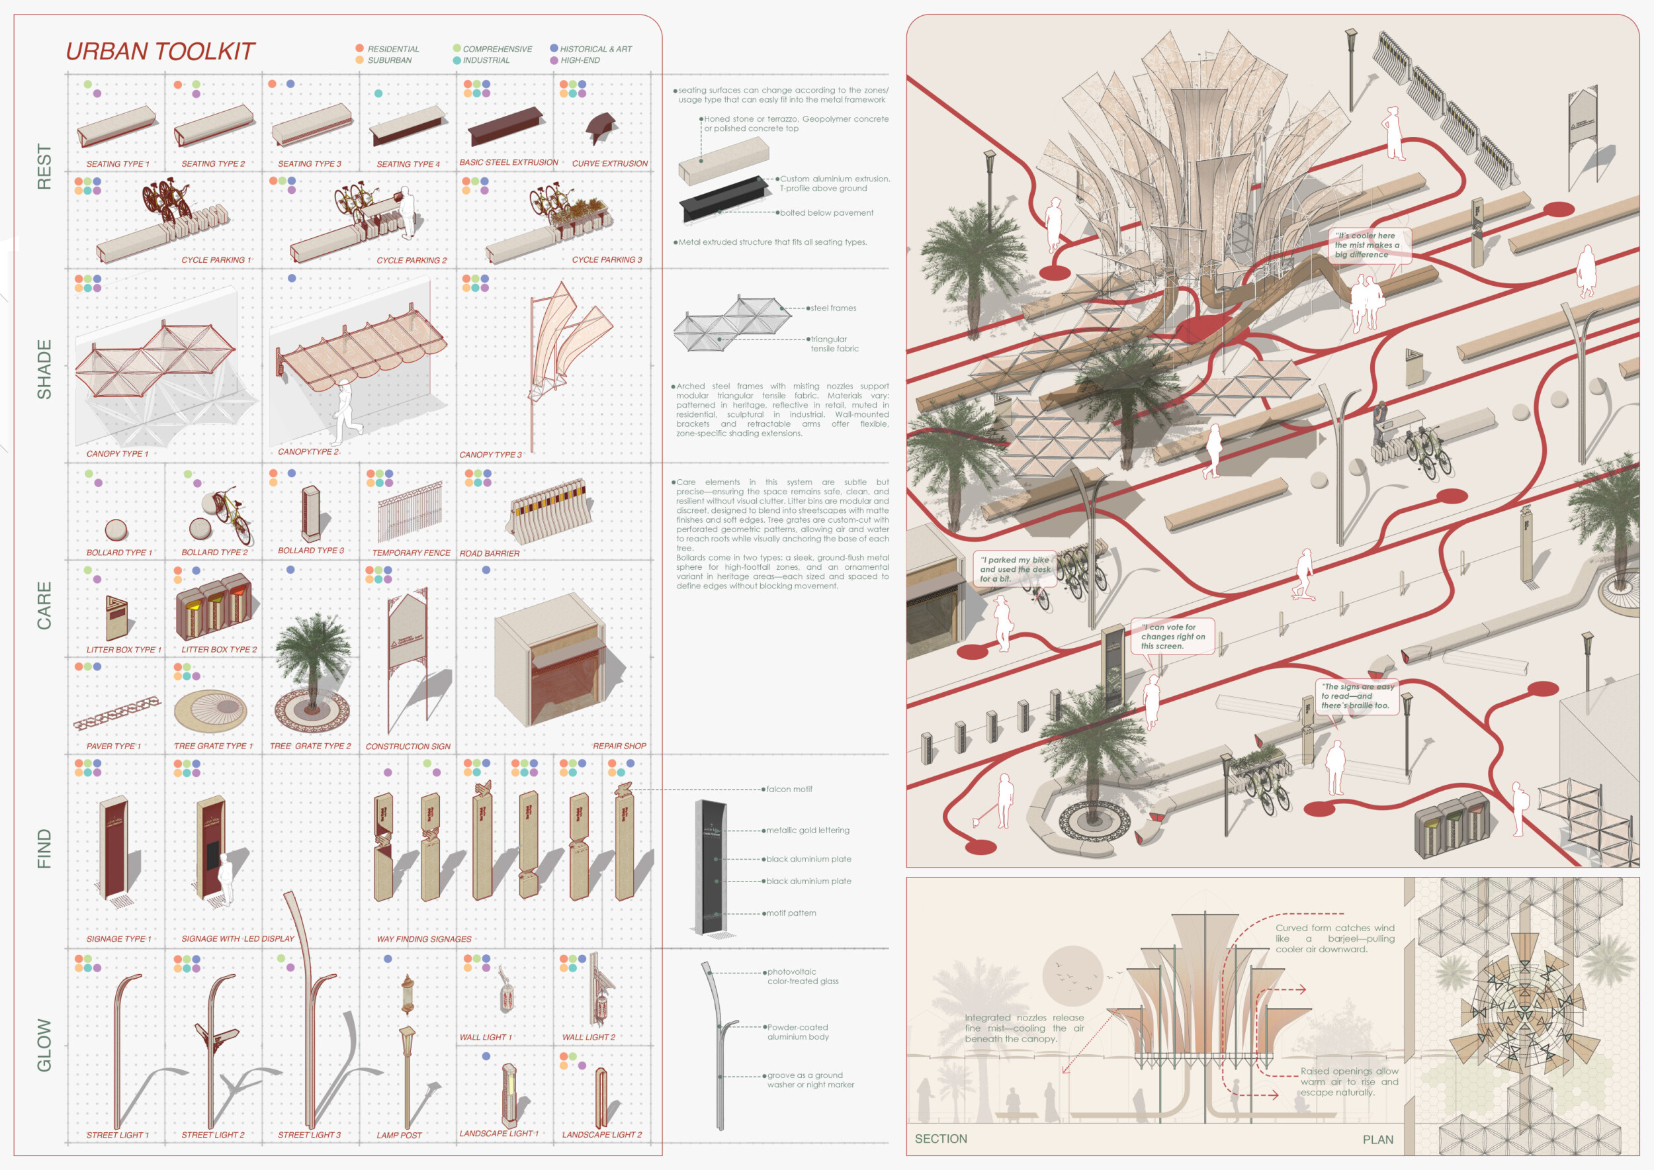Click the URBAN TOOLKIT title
(160, 52)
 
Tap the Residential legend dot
(359, 48)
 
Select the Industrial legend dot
(457, 60)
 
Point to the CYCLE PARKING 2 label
(412, 260)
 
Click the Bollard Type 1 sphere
(116, 529)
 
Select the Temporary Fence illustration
(409, 512)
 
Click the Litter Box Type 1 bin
(116, 617)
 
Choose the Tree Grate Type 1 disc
(210, 709)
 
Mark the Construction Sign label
(408, 746)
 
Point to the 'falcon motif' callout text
(789, 789)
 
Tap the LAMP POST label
(399, 1135)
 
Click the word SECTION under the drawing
(941, 1138)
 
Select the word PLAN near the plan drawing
(1377, 1139)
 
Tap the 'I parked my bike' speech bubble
(1014, 569)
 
